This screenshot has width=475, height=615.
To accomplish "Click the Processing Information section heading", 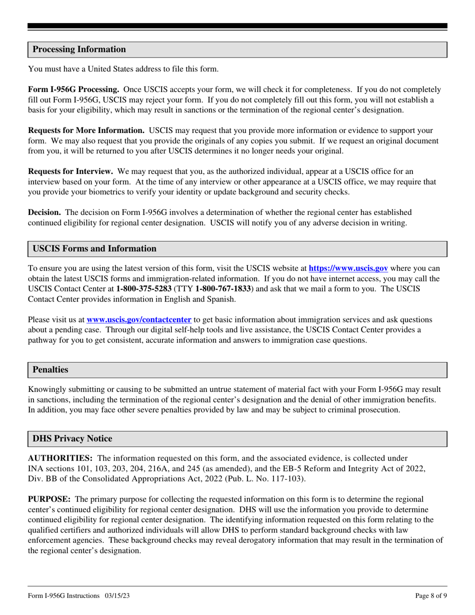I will point(79,49).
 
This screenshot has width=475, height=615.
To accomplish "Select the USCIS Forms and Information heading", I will point(94,249).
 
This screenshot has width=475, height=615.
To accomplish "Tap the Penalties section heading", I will point(50,370).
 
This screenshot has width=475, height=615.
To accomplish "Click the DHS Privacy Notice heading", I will point(72,439).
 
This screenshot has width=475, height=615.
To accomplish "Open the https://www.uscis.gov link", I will point(348,268).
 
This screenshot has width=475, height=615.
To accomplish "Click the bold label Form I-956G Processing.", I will point(73,89).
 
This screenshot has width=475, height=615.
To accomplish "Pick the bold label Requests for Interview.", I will point(70,171).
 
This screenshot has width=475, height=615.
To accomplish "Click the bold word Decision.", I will point(44,212).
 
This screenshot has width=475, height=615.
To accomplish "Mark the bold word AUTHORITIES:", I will point(60,458).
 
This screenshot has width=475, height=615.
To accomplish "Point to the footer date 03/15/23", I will point(118,595).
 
